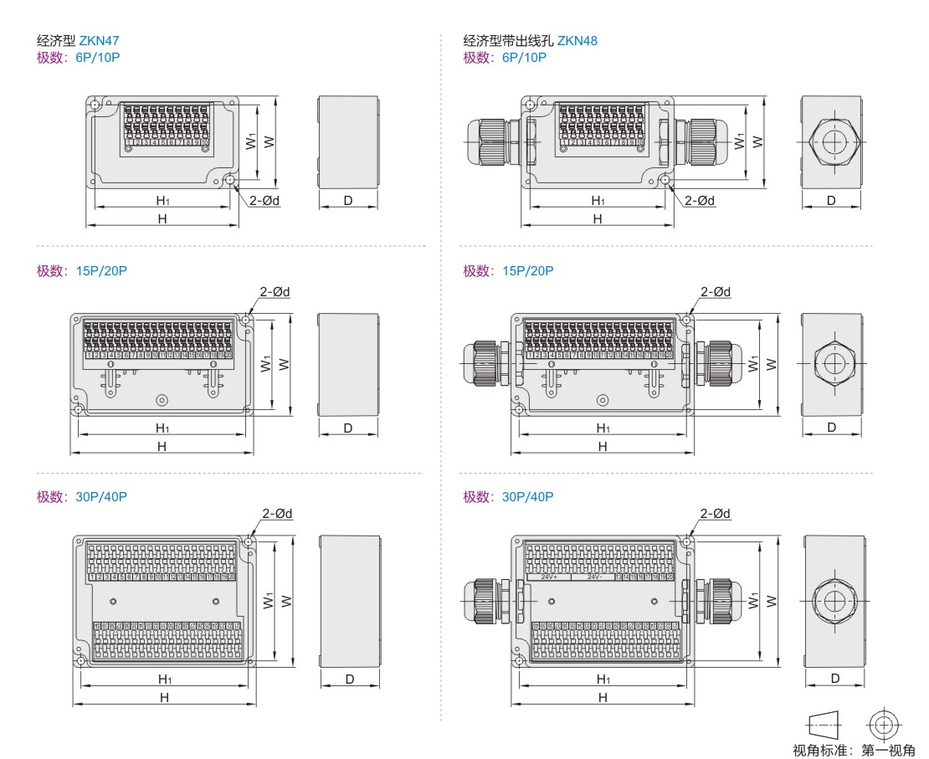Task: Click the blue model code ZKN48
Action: [x=577, y=40]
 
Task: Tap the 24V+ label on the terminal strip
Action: [x=549, y=577]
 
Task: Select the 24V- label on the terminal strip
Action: [x=593, y=577]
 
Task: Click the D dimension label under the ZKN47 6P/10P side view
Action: [x=347, y=201]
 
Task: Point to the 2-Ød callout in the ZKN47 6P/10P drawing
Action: [x=264, y=200]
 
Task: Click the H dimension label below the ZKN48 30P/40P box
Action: [x=603, y=697]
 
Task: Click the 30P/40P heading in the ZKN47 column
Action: [x=101, y=496]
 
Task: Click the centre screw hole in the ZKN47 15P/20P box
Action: [x=162, y=400]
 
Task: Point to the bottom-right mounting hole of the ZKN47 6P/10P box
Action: [x=230, y=179]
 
